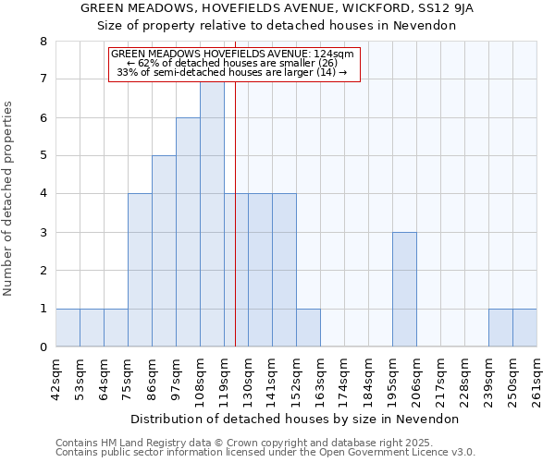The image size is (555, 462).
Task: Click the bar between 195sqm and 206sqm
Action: (404, 289)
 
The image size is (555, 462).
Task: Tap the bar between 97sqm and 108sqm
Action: (188, 232)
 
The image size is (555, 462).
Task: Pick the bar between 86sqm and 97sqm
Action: (164, 251)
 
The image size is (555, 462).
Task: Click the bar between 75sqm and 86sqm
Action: (140, 270)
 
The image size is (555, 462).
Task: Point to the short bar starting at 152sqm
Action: (308, 328)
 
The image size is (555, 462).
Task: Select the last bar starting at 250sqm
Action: (524, 328)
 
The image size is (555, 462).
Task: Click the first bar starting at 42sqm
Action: (68, 328)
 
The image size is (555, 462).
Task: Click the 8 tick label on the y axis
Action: (43, 42)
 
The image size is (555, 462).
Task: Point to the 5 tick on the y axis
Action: (43, 156)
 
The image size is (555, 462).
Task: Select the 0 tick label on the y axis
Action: (43, 347)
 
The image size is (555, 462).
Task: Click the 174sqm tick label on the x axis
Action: (344, 376)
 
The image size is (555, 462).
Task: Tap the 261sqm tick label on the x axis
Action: (536, 376)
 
